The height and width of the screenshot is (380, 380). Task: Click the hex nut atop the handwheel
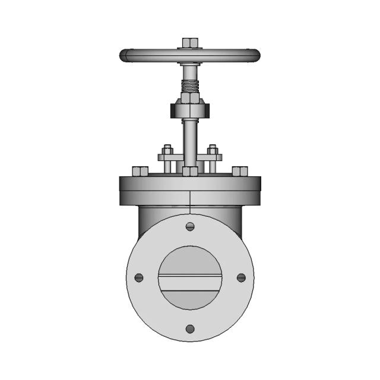tap(189, 43)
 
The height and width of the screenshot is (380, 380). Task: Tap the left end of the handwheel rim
tap(125, 56)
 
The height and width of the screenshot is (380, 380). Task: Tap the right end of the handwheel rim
tap(255, 56)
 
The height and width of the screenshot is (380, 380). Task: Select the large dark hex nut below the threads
tap(189, 109)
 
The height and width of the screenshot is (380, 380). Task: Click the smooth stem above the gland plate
tap(189, 137)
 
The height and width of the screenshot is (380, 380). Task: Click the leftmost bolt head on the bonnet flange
tap(140, 172)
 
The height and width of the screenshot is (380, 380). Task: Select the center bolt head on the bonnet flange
tap(190, 172)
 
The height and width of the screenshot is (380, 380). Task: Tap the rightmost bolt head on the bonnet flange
tap(240, 172)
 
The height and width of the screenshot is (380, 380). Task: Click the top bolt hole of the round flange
tap(190, 226)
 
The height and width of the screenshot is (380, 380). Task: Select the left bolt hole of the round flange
tap(139, 277)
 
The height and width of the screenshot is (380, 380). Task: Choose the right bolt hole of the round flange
tap(241, 277)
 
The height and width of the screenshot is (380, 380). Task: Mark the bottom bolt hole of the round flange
tap(190, 328)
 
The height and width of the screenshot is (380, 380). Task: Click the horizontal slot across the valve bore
tap(190, 277)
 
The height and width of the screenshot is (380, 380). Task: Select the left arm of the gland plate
tap(166, 158)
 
